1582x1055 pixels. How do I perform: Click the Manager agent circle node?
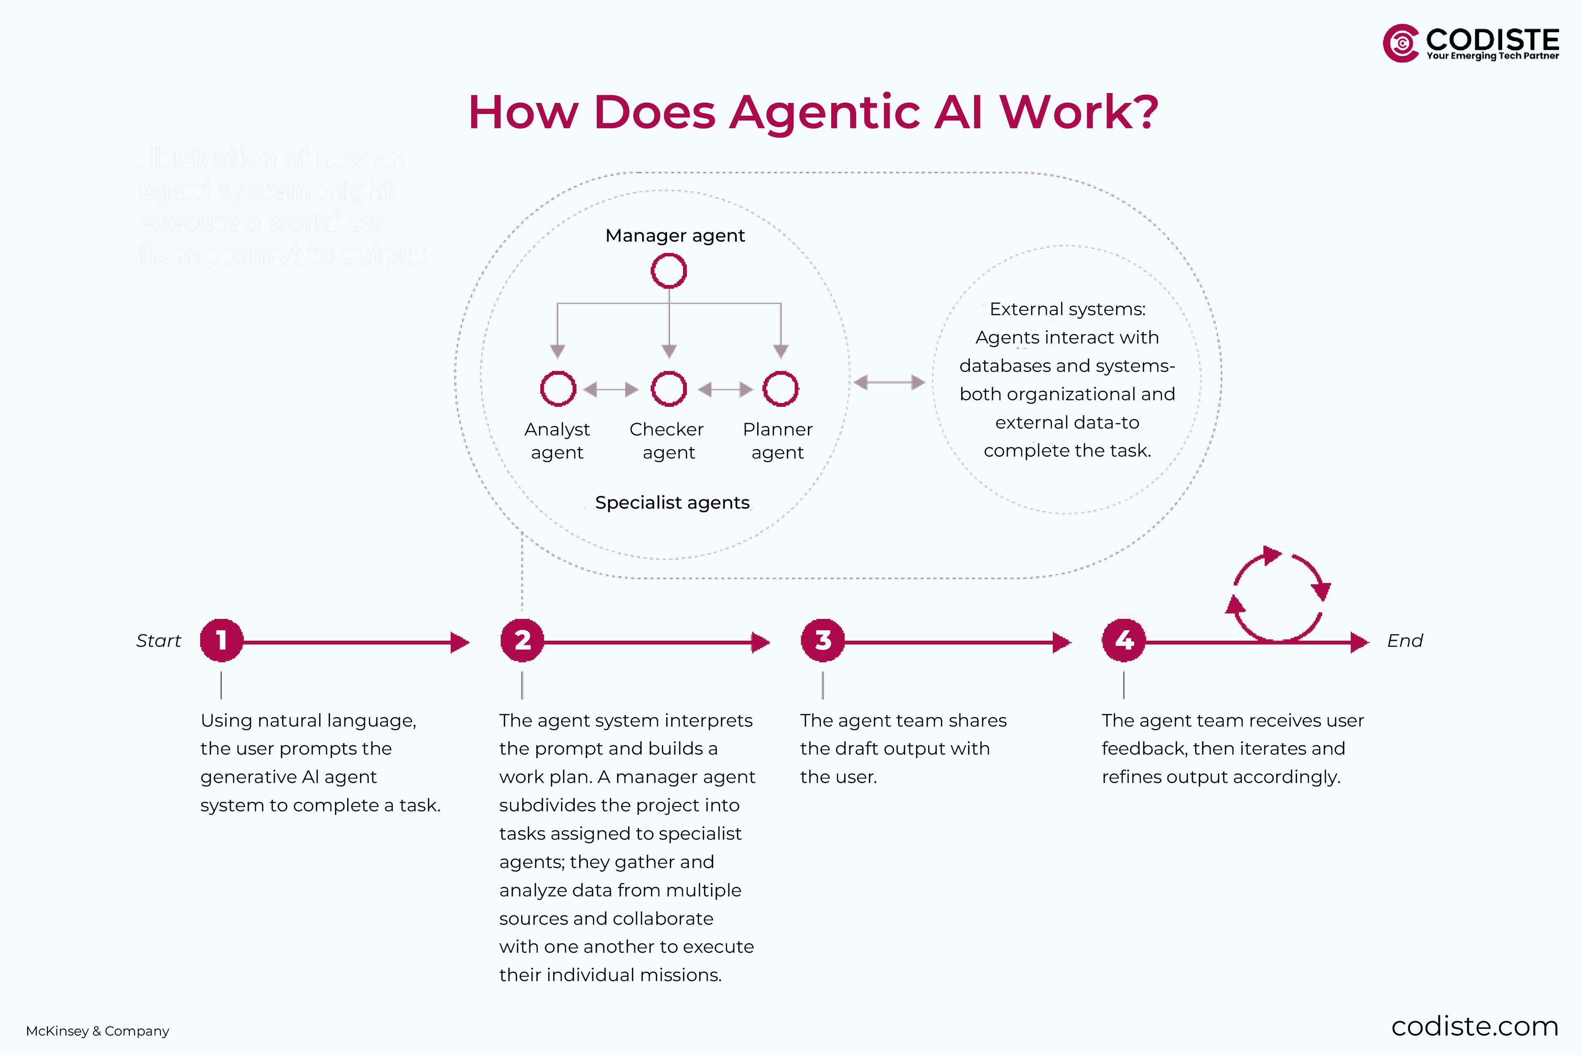669,271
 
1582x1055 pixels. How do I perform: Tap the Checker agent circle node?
669,389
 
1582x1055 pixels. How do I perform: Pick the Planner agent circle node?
780,389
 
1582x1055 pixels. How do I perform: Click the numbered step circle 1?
221,640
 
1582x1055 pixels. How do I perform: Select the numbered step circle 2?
522,640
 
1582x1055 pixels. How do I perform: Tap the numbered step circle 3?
823,640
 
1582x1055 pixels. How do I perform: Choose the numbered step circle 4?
1123,640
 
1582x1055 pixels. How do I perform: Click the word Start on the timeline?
159,640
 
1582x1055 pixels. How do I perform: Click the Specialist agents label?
672,503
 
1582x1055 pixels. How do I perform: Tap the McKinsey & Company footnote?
98,1031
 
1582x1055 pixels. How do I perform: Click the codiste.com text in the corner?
1474,1027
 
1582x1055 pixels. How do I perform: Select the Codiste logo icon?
1401,44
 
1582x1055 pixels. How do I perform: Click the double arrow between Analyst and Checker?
611,389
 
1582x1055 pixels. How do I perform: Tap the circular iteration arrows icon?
1278,595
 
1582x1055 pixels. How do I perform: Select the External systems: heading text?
1067,309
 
